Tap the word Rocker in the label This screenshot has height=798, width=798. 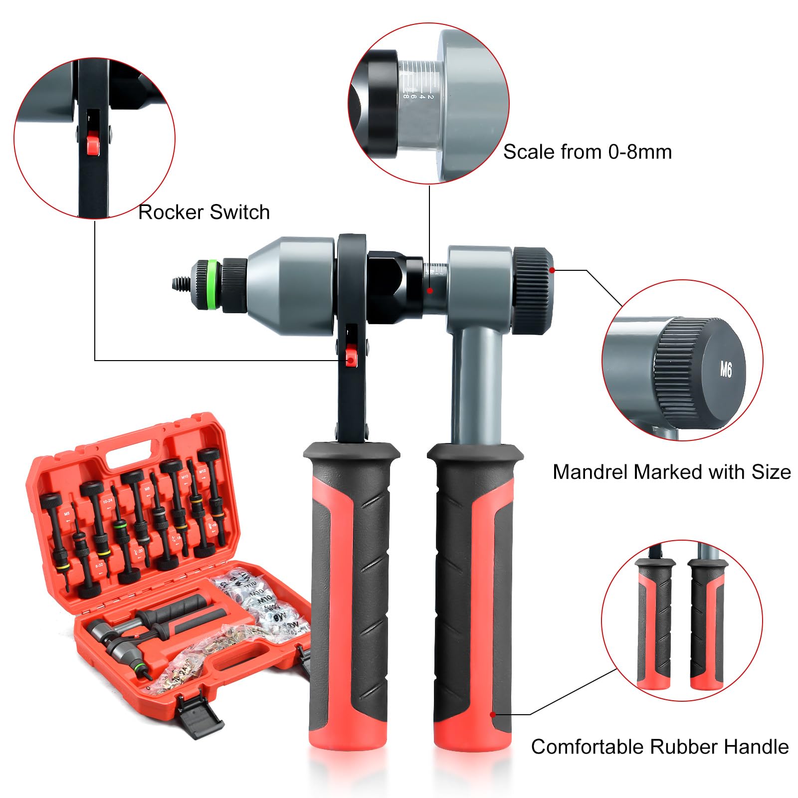point(170,212)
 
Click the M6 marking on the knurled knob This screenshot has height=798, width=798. point(726,370)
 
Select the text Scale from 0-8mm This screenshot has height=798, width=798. point(587,152)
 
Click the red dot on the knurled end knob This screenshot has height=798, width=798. point(552,270)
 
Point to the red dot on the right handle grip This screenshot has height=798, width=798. point(493,714)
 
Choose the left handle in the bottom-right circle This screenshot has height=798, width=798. point(654,623)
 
